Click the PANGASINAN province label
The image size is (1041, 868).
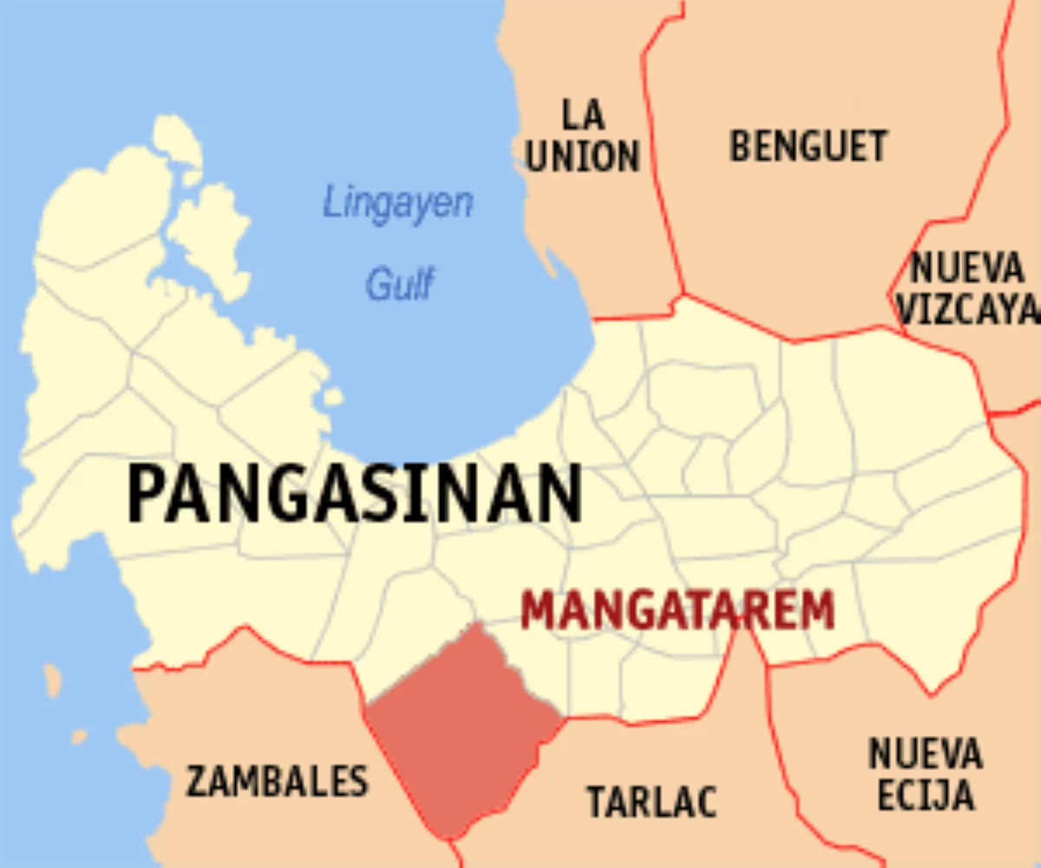(355, 493)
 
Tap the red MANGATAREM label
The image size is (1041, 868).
(678, 610)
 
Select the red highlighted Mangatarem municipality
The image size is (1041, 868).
(460, 729)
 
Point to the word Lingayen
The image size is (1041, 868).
(398, 204)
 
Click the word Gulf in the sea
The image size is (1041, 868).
(399, 284)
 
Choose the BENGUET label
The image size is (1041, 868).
(809, 146)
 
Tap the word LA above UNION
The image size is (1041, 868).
(583, 114)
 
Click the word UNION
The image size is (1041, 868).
(583, 156)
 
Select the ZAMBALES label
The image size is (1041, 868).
(278, 781)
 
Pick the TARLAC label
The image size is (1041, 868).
(652, 801)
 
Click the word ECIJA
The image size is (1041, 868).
(925, 796)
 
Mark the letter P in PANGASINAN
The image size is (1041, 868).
(147, 493)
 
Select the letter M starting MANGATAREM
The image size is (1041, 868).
(537, 610)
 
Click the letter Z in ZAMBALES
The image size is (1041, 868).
(197, 781)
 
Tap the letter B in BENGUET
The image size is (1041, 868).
(740, 146)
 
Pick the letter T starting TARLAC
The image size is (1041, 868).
(598, 801)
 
